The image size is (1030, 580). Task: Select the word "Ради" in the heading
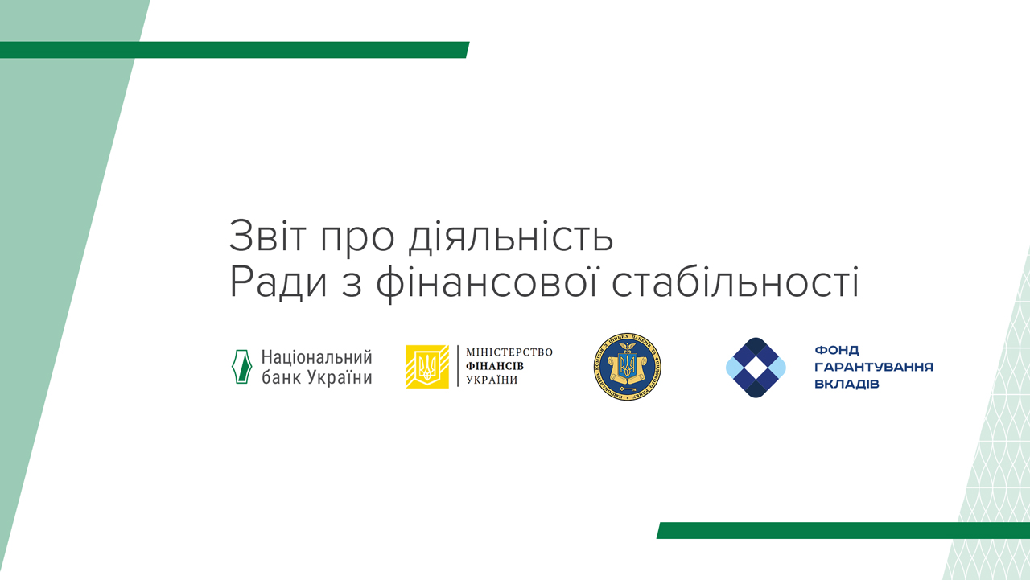click(x=272, y=284)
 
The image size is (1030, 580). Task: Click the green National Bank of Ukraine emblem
click(x=242, y=367)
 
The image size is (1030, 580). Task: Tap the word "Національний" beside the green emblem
click(x=317, y=357)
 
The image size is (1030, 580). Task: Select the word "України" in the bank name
click(x=340, y=376)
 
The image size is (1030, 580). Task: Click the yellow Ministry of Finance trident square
click(x=427, y=367)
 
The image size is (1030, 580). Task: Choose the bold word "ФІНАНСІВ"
click(x=495, y=366)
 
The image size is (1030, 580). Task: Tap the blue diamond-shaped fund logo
click(x=756, y=368)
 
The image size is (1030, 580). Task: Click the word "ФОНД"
click(x=837, y=351)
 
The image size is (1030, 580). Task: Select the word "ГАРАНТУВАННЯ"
click(x=874, y=367)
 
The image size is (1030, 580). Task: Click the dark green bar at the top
click(x=233, y=50)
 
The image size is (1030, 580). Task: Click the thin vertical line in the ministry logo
click(x=458, y=367)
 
